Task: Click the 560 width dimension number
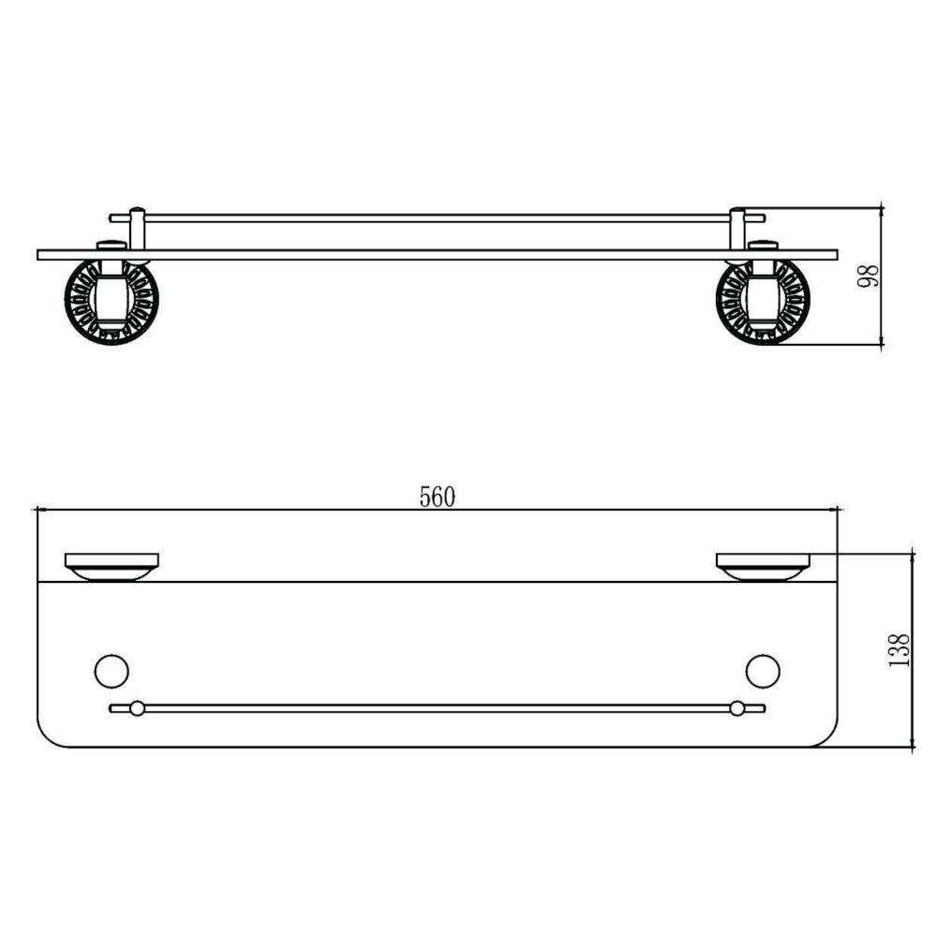tap(437, 498)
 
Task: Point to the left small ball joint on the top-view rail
tap(137, 708)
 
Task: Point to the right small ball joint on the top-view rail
tap(737, 708)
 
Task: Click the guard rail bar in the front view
tap(437, 217)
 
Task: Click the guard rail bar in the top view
tap(437, 708)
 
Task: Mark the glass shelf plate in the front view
tap(437, 254)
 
